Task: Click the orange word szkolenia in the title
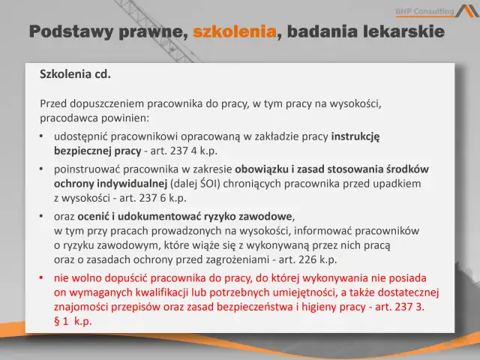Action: [x=235, y=31]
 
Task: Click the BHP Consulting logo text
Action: [x=424, y=10]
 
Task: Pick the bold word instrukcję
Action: [x=355, y=136]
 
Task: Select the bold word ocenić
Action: [x=91, y=216]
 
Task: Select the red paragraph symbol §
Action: [x=58, y=321]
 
